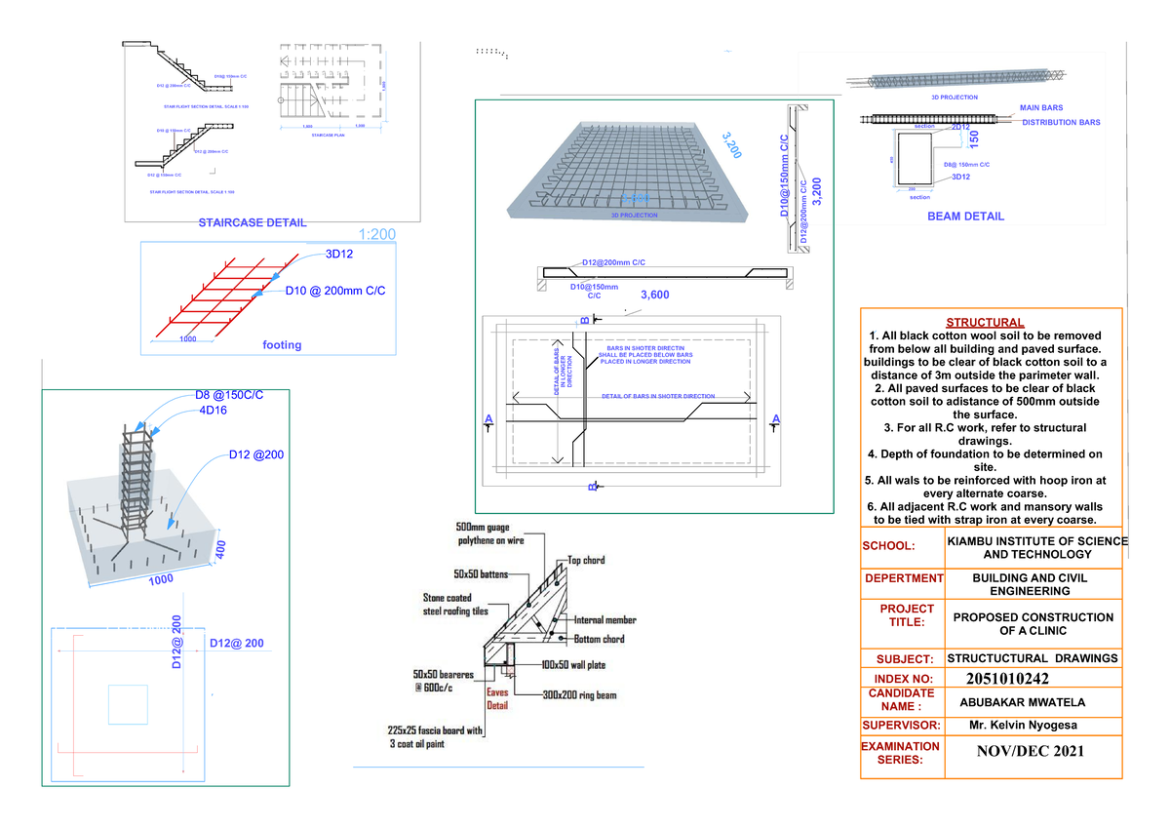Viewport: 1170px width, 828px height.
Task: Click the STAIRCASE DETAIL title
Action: tap(252, 222)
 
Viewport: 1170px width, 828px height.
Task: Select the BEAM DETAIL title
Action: tap(965, 217)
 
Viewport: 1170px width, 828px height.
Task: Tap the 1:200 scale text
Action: tap(377, 235)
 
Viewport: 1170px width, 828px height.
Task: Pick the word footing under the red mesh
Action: tap(282, 344)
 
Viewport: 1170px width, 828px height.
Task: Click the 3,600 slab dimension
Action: tap(655, 295)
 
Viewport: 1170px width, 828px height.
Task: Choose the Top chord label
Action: tap(586, 560)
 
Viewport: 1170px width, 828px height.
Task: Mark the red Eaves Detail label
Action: tap(497, 698)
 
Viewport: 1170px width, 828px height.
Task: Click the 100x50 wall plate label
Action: tap(575, 664)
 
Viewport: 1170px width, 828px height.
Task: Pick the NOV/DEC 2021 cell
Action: tap(1031, 751)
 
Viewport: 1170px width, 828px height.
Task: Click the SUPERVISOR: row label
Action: tap(901, 726)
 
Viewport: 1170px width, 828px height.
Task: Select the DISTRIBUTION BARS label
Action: tap(1061, 123)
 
